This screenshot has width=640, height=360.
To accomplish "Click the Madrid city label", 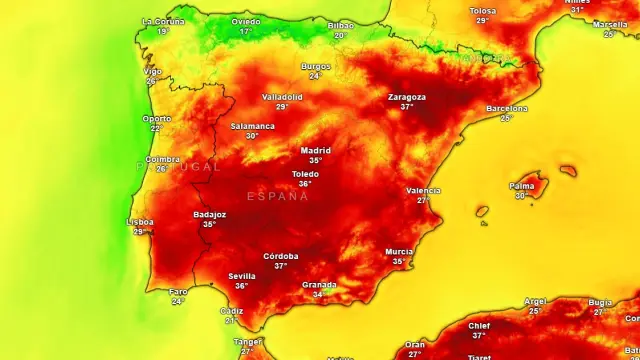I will (316, 151).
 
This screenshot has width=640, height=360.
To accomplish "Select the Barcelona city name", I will (506, 108).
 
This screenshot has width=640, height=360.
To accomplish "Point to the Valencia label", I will (424, 190).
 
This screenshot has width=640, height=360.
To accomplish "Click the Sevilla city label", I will (242, 276).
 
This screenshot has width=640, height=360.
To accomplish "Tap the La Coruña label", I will (162, 21).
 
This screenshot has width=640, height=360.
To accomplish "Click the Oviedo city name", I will (246, 21).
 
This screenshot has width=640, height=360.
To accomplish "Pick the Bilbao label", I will (340, 25).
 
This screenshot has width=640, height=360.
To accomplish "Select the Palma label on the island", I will (521, 186).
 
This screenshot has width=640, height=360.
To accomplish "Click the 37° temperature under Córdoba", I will (281, 266).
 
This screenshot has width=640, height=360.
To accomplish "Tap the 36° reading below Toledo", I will (305, 184).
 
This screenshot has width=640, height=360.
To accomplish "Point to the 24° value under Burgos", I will (315, 76).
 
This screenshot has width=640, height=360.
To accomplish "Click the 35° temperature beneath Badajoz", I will (210, 224).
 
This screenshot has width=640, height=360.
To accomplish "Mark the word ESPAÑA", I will (278, 196).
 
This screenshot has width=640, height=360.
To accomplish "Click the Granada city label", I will (319, 285).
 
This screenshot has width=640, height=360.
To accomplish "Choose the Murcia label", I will (399, 252).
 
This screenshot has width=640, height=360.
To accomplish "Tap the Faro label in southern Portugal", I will (178, 292).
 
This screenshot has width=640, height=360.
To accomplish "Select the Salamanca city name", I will (252, 126).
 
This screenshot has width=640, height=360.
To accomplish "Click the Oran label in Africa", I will (415, 345).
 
